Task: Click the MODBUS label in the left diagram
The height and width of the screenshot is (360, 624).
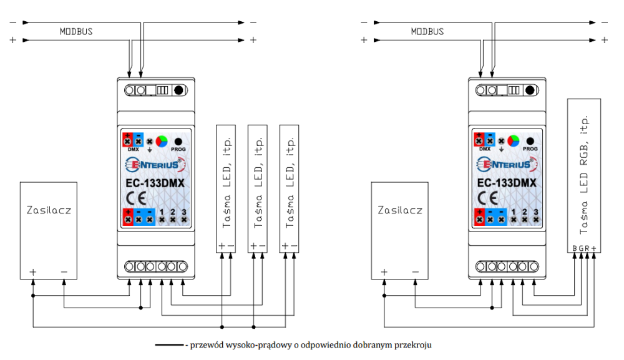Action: coord(76,31)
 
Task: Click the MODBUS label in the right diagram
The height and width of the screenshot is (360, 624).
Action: coord(427,31)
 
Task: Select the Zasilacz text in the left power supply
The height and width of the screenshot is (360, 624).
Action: coord(49,210)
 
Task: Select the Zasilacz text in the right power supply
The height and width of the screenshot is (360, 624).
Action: coord(400,210)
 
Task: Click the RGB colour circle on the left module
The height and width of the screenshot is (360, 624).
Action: coord(162,140)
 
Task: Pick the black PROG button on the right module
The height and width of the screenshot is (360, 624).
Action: coord(530,140)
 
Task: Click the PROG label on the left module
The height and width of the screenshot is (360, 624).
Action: coord(178,150)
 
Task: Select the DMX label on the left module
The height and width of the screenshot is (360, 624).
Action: coord(132,150)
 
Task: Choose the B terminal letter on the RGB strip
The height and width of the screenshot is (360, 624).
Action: coord(575,248)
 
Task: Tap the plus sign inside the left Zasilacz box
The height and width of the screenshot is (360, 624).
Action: coord(32,271)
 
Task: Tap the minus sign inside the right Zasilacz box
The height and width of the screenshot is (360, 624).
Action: coord(415,271)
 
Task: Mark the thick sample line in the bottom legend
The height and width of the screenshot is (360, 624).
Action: coord(168,344)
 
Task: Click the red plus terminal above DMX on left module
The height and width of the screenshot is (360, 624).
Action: coord(127,140)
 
